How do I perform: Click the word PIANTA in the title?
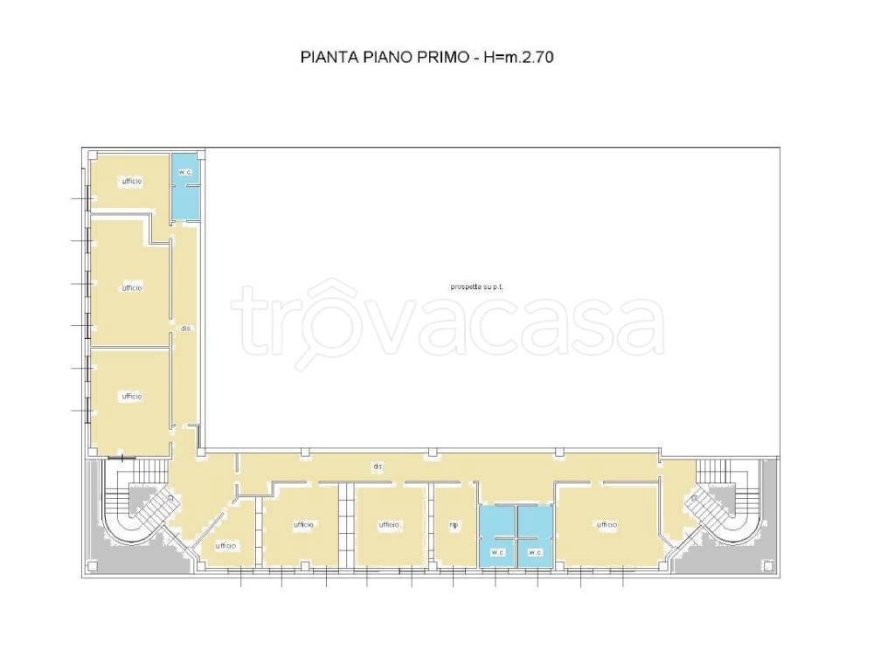coord(323,59)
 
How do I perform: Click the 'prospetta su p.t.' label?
coord(476,287)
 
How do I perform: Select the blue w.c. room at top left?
coord(184,186)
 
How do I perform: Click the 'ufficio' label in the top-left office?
coord(132,181)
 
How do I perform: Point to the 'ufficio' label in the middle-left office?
coord(132,287)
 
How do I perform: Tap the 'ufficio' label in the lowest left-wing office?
coord(132,397)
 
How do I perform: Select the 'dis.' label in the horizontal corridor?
coord(378,467)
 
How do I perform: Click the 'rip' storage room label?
coord(454,525)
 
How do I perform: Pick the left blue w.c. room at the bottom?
coord(496,536)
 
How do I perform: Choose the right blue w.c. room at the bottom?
coord(534,536)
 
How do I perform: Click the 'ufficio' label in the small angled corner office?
coord(225,546)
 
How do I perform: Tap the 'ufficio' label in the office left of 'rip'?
coord(389,525)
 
